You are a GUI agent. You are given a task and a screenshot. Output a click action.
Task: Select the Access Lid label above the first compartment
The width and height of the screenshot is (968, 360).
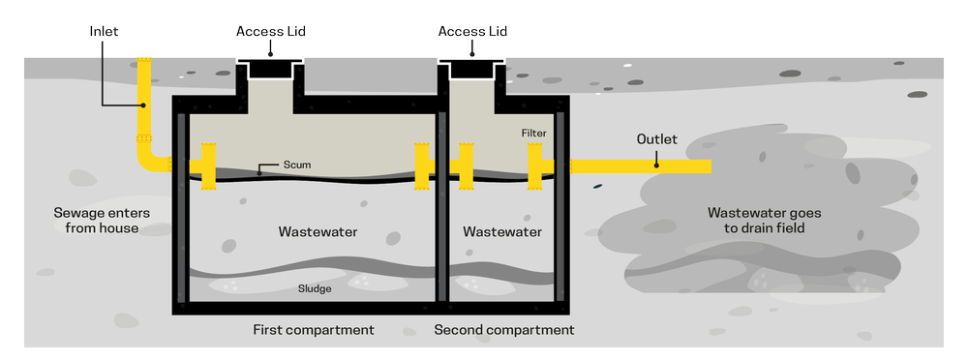[x=271, y=31]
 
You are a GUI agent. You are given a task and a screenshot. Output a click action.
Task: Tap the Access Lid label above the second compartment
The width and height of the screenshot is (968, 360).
[x=472, y=31]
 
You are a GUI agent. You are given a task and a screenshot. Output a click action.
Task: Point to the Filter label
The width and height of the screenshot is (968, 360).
[x=534, y=132]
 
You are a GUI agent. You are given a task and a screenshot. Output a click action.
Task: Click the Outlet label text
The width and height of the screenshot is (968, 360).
[x=656, y=138]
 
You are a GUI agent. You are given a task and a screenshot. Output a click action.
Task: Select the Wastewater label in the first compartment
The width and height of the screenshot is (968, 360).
[x=318, y=232]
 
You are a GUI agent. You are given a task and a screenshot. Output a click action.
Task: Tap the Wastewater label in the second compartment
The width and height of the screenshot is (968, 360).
[x=501, y=232]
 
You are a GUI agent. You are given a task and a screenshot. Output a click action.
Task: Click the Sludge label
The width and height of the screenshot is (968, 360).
[x=317, y=287]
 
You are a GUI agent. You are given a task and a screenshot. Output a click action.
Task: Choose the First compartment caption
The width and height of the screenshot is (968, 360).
[x=313, y=330]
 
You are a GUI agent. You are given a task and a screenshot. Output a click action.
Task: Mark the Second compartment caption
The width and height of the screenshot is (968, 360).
[x=503, y=330]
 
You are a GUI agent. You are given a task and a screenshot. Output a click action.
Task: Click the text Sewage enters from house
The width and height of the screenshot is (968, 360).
[x=96, y=220]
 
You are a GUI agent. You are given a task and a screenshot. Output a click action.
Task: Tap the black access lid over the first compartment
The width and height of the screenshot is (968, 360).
[x=271, y=69]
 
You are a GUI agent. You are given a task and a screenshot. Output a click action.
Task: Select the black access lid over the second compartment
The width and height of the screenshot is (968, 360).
[x=472, y=69]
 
